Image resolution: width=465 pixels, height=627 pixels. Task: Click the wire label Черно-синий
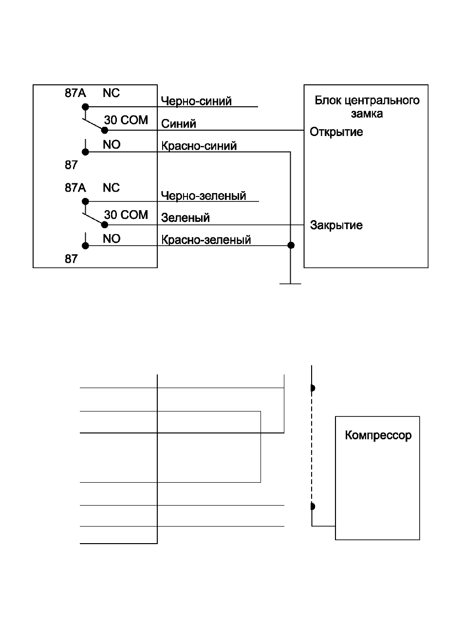(196, 101)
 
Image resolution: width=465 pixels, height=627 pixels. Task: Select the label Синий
(178, 123)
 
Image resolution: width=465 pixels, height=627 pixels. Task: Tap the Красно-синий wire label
(199, 146)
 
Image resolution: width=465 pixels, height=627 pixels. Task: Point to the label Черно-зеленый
(204, 196)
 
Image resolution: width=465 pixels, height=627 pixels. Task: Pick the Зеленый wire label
(185, 217)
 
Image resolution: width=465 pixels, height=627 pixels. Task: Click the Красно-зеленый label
(206, 240)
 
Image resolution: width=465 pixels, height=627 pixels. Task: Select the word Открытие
(336, 132)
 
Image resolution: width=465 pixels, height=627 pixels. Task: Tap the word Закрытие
(336, 225)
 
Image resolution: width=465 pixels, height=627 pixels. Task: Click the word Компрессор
(378, 435)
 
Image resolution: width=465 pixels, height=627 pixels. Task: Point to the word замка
(367, 114)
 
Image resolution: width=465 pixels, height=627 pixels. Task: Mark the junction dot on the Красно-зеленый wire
(291, 245)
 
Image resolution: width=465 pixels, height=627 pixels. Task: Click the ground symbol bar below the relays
(290, 284)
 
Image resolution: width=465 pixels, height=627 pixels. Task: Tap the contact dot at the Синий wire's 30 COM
(105, 130)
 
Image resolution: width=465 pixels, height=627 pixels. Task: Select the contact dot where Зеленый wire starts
(105, 225)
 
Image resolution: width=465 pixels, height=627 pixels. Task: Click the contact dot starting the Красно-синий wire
(85, 152)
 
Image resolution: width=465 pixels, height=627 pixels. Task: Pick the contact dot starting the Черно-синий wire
(85, 107)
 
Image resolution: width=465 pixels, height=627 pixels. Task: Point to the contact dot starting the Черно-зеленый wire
(85, 201)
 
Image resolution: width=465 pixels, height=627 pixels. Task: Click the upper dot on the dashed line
(313, 388)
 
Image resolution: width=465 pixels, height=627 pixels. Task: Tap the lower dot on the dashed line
(313, 506)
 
